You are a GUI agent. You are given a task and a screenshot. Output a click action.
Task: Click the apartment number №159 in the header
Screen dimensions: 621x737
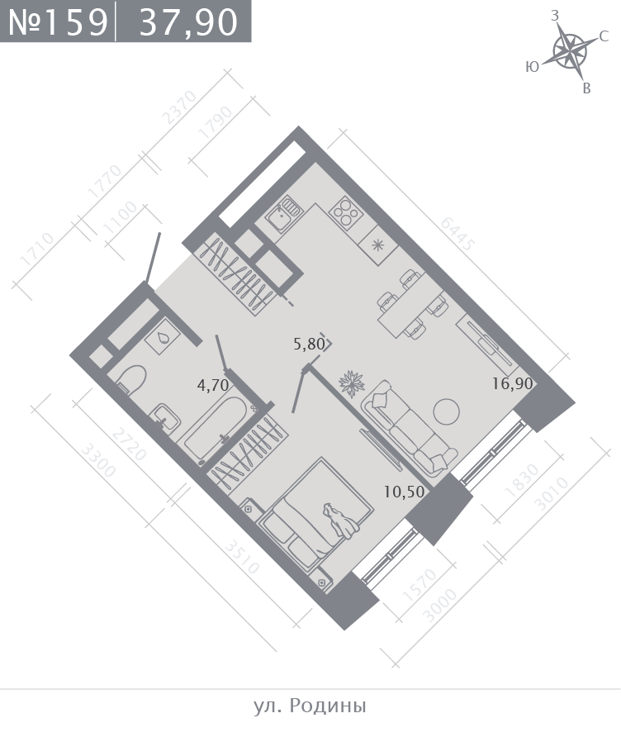click(59, 22)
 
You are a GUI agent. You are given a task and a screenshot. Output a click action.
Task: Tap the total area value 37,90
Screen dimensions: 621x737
click(188, 22)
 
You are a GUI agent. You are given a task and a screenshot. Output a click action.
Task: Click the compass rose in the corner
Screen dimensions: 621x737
click(569, 50)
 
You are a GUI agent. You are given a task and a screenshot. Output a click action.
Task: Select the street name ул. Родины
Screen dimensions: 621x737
click(310, 706)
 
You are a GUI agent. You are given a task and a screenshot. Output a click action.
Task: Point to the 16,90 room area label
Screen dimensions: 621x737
click(513, 383)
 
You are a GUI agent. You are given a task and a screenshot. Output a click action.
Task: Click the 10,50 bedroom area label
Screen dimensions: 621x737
click(404, 492)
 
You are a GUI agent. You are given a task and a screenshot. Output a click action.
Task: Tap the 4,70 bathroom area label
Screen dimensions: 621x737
click(213, 385)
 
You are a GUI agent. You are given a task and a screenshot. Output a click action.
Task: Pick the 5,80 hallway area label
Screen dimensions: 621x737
click(309, 344)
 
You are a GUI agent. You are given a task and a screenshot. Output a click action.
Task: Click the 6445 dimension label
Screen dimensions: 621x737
click(457, 234)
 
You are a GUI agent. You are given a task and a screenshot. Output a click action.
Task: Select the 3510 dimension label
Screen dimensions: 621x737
click(241, 557)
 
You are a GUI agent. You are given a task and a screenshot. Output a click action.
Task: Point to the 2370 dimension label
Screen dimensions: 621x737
click(178, 107)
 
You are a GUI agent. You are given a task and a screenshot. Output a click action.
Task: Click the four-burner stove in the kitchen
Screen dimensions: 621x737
click(346, 212)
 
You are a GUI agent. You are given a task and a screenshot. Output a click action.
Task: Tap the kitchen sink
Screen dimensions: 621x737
click(282, 216)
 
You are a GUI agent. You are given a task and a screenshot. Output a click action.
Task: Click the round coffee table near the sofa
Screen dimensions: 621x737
click(446, 411)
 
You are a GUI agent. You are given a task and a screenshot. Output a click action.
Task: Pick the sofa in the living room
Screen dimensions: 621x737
click(409, 426)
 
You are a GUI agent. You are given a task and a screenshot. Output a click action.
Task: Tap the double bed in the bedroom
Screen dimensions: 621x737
click(316, 515)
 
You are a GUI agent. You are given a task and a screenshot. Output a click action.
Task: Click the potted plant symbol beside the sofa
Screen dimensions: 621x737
click(352, 383)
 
